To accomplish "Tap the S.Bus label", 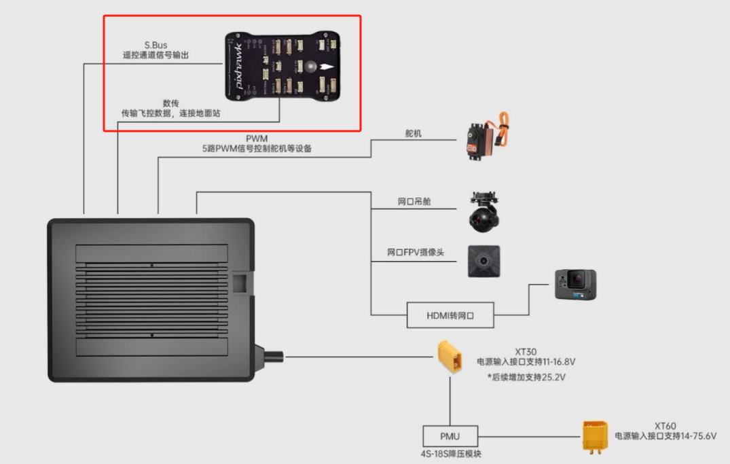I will coord(156,46).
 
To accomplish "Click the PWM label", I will coord(257,139).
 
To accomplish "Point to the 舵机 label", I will coord(413,134).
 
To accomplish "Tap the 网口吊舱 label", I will coord(414,202).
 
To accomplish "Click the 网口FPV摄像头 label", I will coord(416,252).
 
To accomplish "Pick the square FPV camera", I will coord(483,261).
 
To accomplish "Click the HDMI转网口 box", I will coord(450,315).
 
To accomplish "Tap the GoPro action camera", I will coord(575,284).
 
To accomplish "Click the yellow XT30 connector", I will coord(450,357).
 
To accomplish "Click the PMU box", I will coord(450,435).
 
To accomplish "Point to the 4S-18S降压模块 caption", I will coord(450,454).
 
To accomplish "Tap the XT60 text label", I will coord(665,426).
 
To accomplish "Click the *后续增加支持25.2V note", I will coord(526,376).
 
